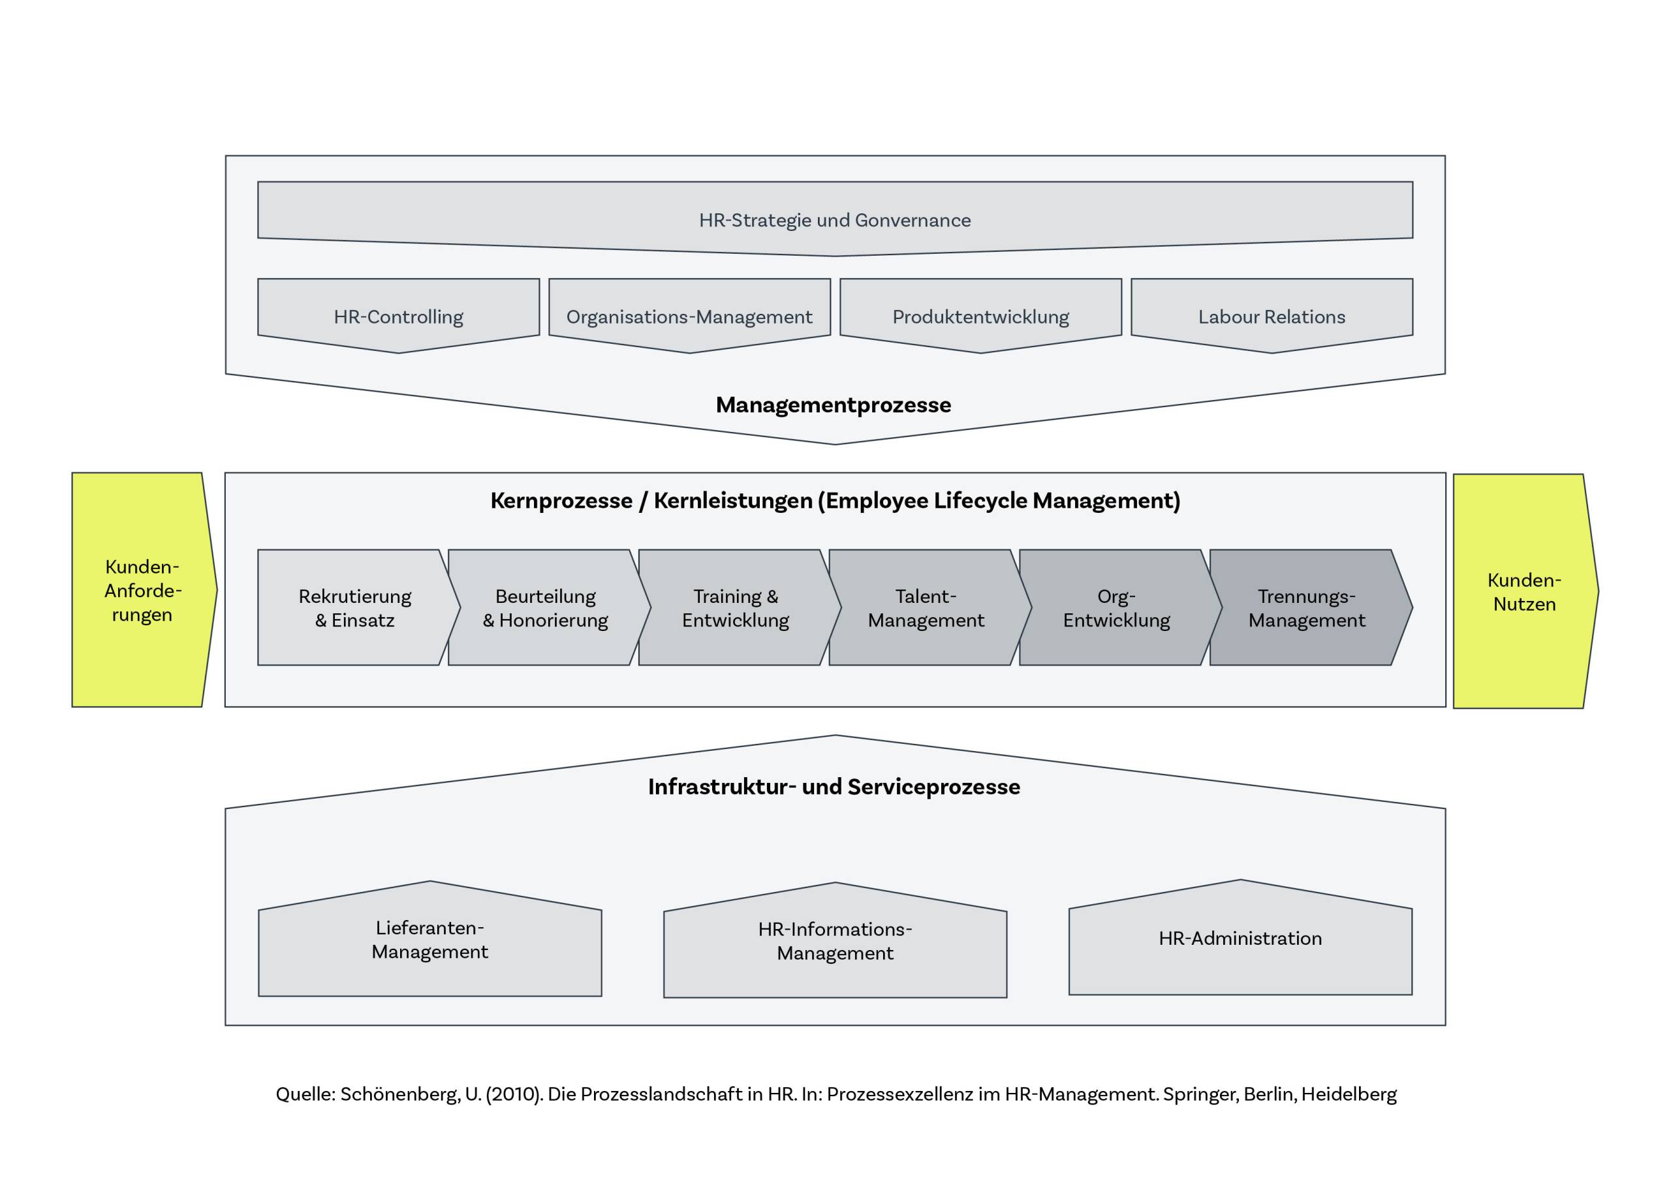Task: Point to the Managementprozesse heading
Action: point(834,405)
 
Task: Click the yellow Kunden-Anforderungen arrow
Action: point(142,590)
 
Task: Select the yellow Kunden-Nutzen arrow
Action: point(1524,592)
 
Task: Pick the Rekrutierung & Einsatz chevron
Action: point(354,607)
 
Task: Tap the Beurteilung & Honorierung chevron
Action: point(545,607)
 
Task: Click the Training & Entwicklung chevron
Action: point(735,607)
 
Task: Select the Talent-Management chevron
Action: point(926,607)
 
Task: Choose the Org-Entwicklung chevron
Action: point(1116,607)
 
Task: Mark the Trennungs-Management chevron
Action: point(1307,607)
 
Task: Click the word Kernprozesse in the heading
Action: point(561,500)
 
